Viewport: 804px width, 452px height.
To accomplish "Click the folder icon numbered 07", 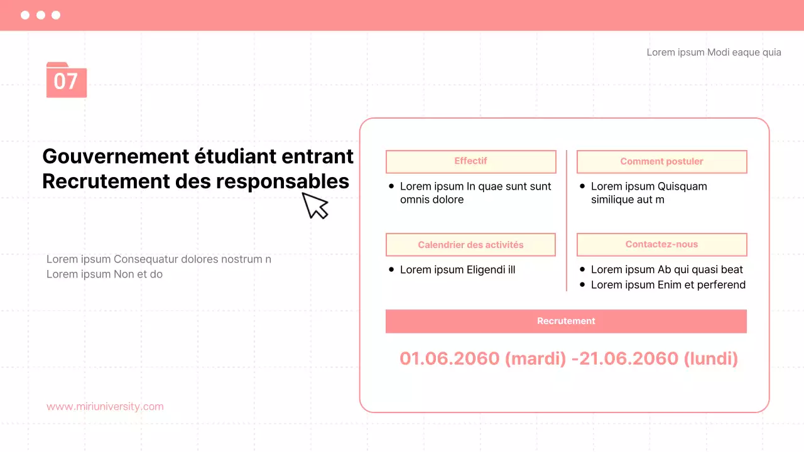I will pyautogui.click(x=66, y=80).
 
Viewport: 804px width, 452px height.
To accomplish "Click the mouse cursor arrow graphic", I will pyautogui.click(x=315, y=205).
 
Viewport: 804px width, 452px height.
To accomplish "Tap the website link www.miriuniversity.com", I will pyautogui.click(x=105, y=406).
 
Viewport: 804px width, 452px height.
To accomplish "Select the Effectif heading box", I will pyautogui.click(x=470, y=161).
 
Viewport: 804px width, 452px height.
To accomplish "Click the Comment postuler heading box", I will pyautogui.click(x=661, y=161).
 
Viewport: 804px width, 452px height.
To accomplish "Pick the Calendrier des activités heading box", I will pyautogui.click(x=470, y=245).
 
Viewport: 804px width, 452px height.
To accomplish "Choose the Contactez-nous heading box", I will pyautogui.click(x=661, y=245).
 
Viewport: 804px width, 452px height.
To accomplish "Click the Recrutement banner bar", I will pyautogui.click(x=566, y=321).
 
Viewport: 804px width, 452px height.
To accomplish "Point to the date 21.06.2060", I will pyautogui.click(x=629, y=358).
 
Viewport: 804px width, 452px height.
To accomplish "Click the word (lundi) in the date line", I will pyautogui.click(x=710, y=358).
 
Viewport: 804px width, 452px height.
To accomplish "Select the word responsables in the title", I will pyautogui.click(x=283, y=181).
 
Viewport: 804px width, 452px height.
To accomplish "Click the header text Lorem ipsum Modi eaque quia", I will pyautogui.click(x=714, y=52).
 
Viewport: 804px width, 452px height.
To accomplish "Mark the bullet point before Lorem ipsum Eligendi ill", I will pyautogui.click(x=391, y=270).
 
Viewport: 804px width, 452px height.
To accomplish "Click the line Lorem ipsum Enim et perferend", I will pyautogui.click(x=668, y=285).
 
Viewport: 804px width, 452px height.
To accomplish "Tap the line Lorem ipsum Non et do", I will pyautogui.click(x=104, y=274).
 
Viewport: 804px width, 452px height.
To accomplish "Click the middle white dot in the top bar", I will pyautogui.click(x=40, y=15).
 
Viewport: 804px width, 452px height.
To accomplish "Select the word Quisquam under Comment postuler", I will pyautogui.click(x=678, y=186).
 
